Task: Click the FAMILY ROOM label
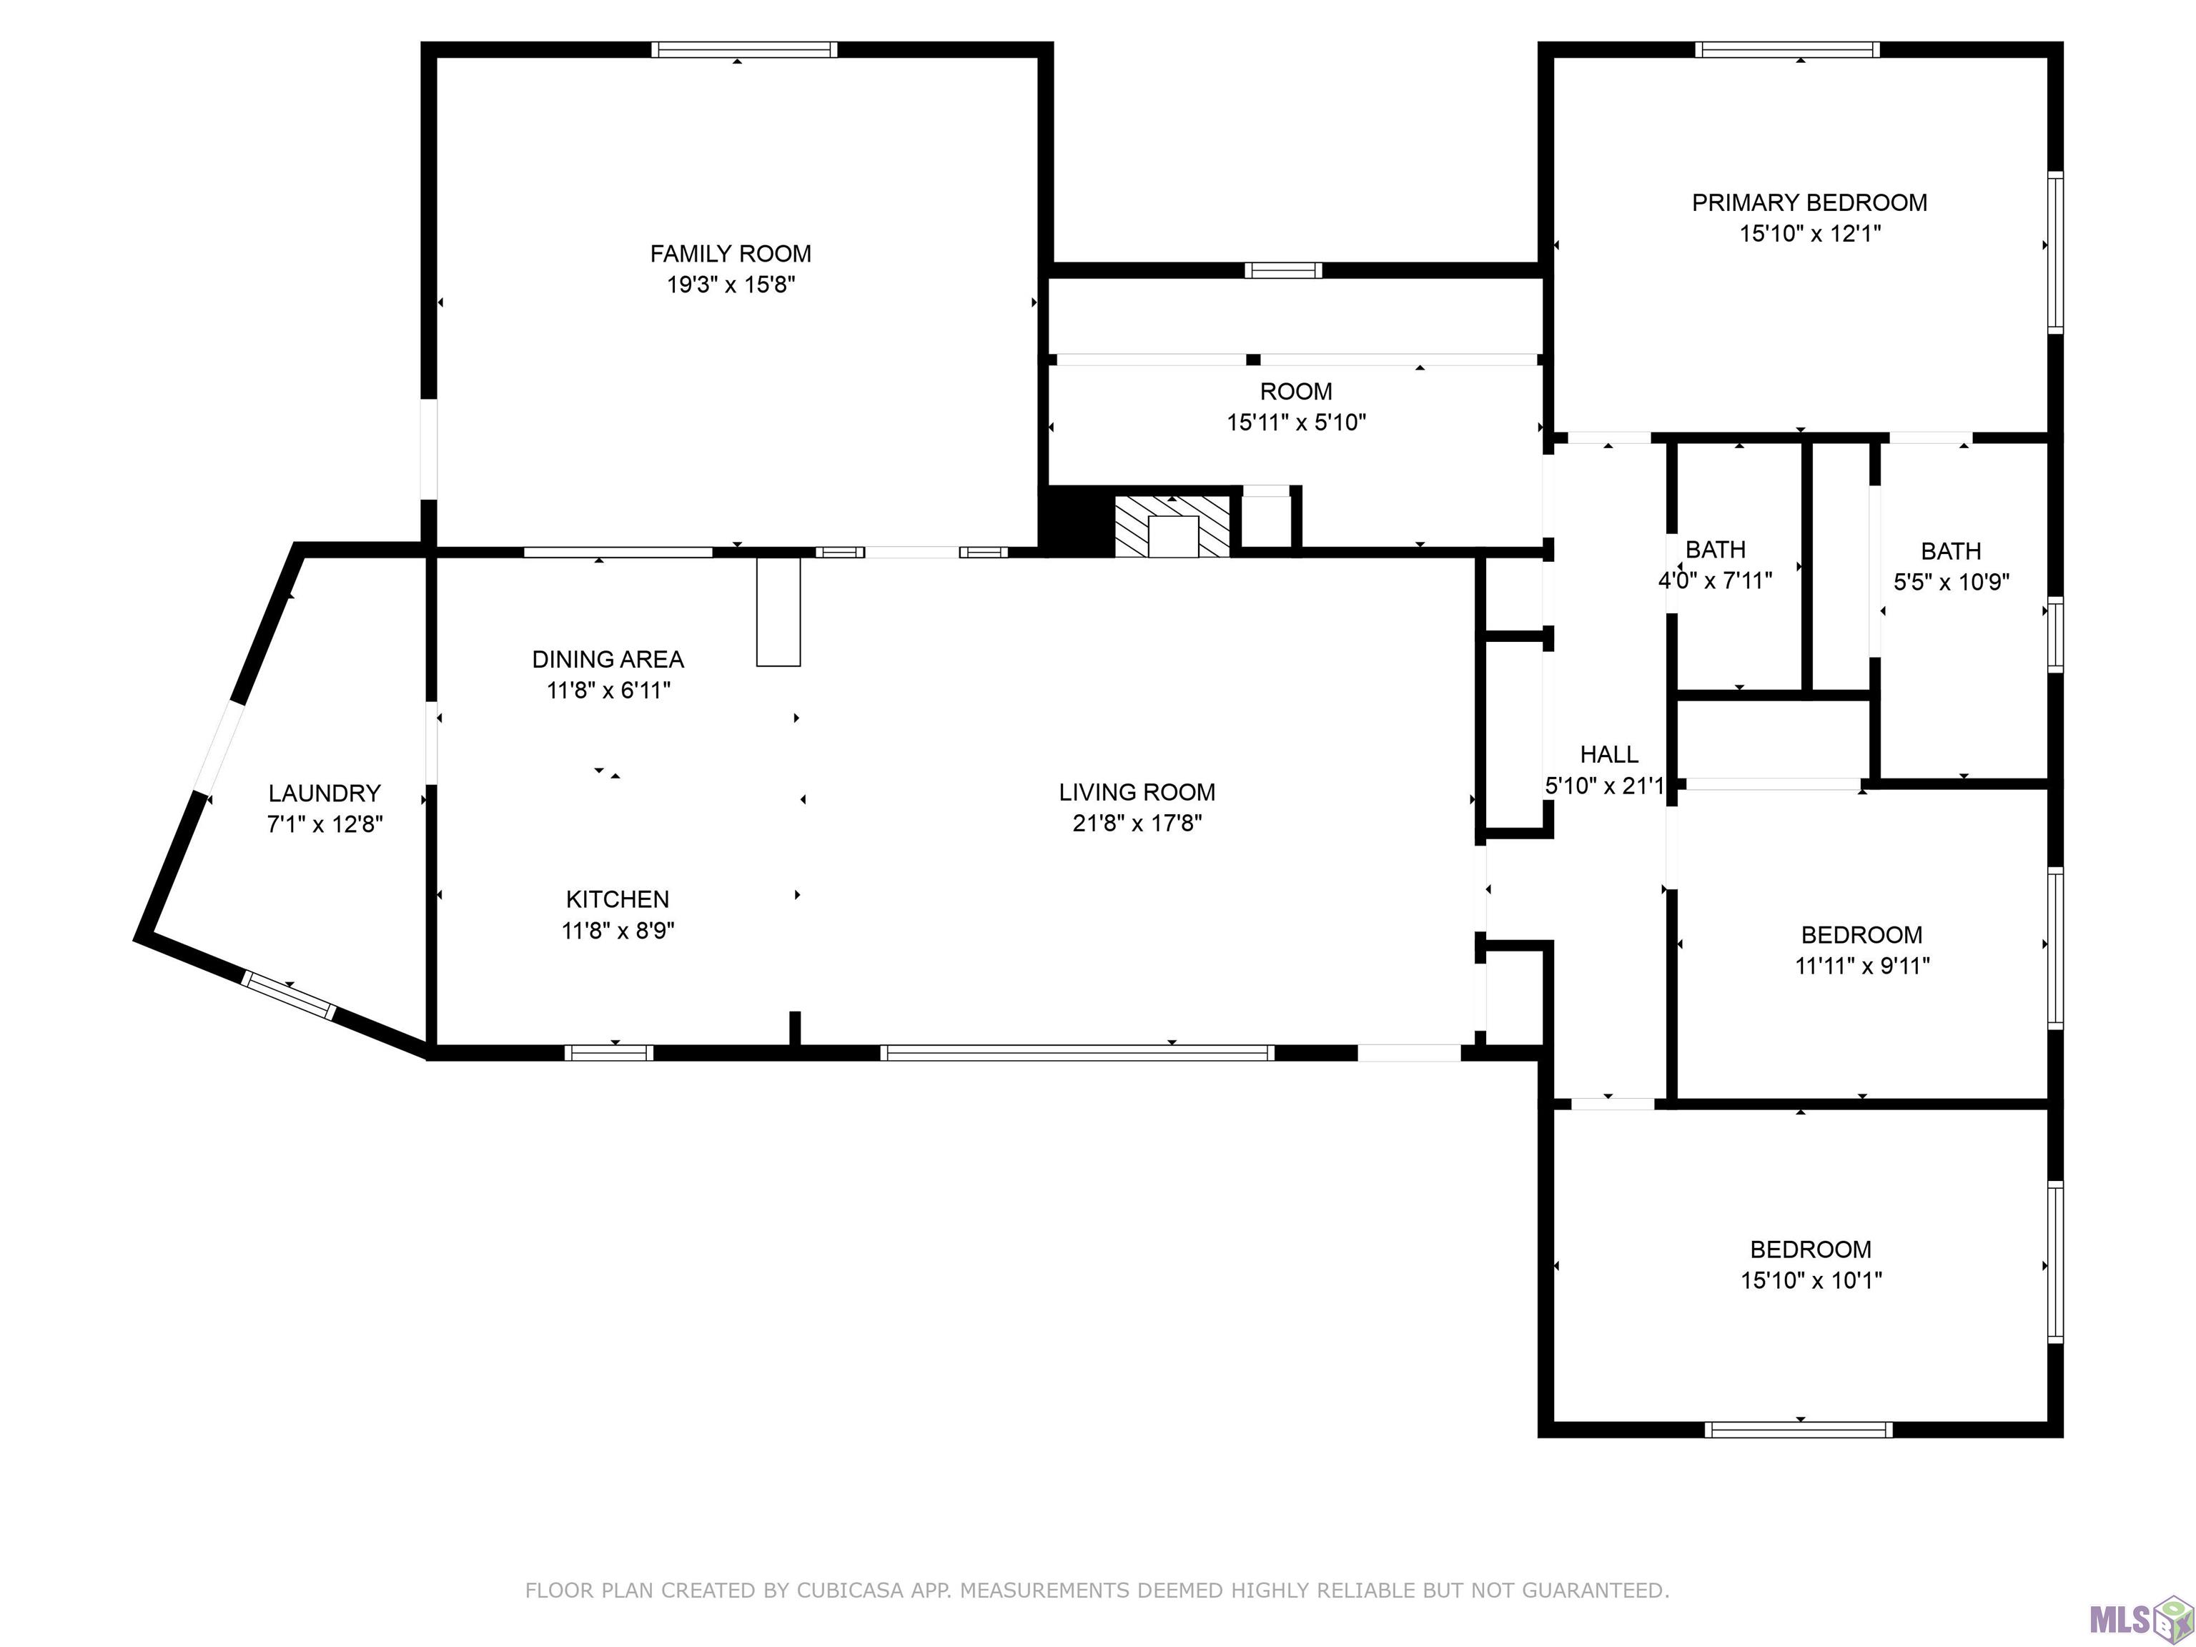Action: pyautogui.click(x=731, y=254)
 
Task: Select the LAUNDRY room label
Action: pyautogui.click(x=325, y=793)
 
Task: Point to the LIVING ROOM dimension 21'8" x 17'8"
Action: pyautogui.click(x=1138, y=823)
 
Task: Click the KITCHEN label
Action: pyautogui.click(x=618, y=899)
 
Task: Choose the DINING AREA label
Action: pyautogui.click(x=608, y=659)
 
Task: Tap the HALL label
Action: pyautogui.click(x=1609, y=754)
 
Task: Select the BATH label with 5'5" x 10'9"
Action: pyautogui.click(x=1951, y=551)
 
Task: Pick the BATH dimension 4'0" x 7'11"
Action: pyautogui.click(x=1716, y=580)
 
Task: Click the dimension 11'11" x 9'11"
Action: pyautogui.click(x=1862, y=966)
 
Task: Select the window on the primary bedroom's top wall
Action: pyautogui.click(x=1788, y=49)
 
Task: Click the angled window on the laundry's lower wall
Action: pyautogui.click(x=289, y=995)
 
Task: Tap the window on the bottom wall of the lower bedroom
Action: pyautogui.click(x=1799, y=1430)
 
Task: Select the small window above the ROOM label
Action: pyautogui.click(x=1284, y=270)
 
